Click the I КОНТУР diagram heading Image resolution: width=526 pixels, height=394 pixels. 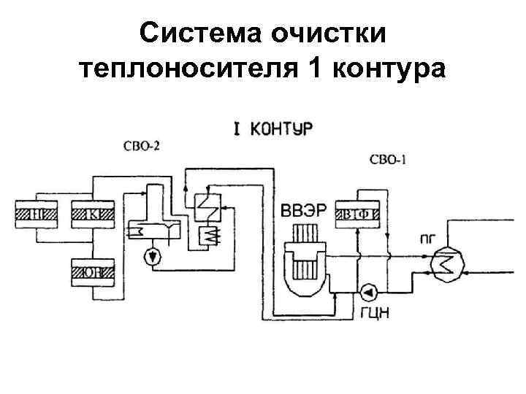pyautogui.click(x=272, y=130)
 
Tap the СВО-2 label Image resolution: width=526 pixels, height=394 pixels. pyautogui.click(x=142, y=146)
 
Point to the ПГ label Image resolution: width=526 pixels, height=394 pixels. pyautogui.click(x=429, y=236)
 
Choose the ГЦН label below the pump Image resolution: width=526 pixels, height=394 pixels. pyautogui.click(x=373, y=314)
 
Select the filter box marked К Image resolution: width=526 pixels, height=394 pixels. pyautogui.click(x=94, y=214)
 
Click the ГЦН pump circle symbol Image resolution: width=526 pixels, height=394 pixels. pyautogui.click(x=367, y=293)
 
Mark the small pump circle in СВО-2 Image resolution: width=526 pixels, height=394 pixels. pyautogui.click(x=152, y=256)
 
